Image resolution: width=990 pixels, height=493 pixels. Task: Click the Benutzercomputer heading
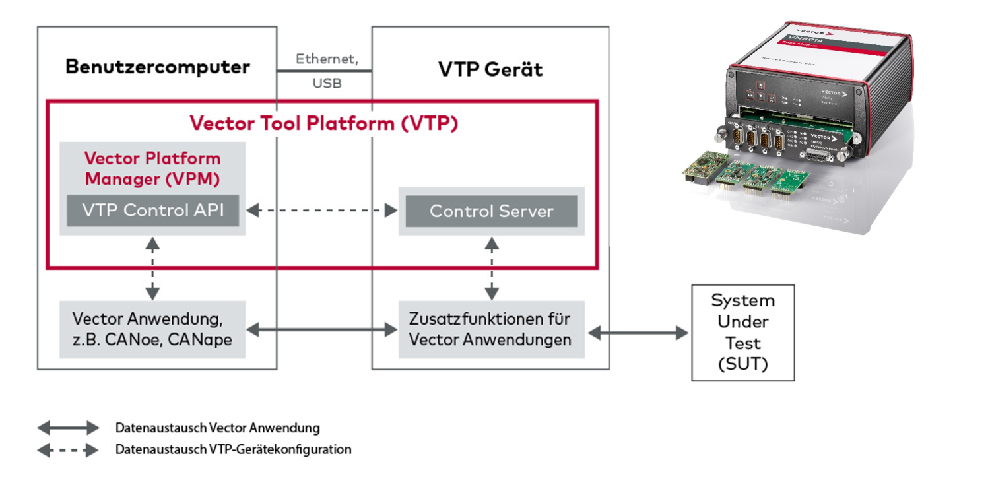tap(158, 67)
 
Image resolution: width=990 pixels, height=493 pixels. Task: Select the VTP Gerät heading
tap(490, 69)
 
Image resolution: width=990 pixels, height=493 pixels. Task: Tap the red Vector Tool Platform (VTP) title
tap(323, 123)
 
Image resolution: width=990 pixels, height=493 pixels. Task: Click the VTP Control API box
tap(152, 211)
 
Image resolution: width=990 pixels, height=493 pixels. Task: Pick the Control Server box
tap(491, 211)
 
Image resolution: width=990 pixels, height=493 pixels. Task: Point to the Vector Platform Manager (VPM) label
tap(152, 169)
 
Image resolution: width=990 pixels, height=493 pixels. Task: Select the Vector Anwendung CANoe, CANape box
tap(152, 329)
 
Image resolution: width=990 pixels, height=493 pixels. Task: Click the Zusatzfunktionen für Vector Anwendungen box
tap(491, 329)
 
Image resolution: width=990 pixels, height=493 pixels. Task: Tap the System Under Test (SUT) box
tap(742, 333)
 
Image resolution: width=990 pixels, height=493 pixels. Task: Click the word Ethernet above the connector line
tap(327, 59)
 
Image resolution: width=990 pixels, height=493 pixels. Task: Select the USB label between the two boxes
tap(327, 84)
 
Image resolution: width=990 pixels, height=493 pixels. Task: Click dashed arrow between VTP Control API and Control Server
tap(322, 211)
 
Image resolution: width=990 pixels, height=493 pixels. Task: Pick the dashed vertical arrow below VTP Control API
tap(152, 268)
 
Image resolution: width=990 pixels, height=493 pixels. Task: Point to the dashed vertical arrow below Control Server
tap(492, 268)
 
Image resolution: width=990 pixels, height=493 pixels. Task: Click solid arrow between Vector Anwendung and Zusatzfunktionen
tap(322, 329)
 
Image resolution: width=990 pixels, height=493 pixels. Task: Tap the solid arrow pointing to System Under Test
tap(638, 333)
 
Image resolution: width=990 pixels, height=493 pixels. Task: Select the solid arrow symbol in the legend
tap(68, 428)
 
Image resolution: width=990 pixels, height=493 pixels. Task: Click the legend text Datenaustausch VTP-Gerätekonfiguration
tap(233, 449)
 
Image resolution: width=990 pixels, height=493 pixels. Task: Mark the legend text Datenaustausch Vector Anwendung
tap(217, 428)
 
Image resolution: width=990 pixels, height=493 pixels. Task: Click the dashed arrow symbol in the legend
tap(68, 450)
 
